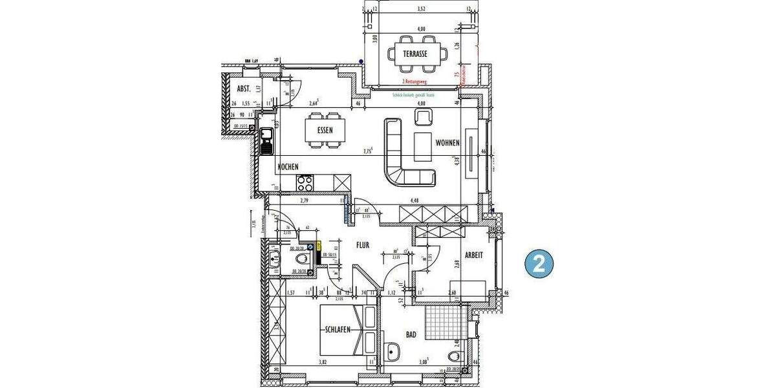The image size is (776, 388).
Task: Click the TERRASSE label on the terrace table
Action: pyautogui.click(x=415, y=53)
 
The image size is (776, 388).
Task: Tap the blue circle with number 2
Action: pyautogui.click(x=538, y=263)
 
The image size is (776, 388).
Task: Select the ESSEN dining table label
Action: pyautogui.click(x=325, y=130)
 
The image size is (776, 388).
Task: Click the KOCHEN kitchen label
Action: pyautogui.click(x=288, y=167)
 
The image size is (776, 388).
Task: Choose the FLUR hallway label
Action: pyautogui.click(x=362, y=246)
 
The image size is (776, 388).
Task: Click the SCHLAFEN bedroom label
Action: pyautogui.click(x=338, y=329)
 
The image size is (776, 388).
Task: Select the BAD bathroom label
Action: pyautogui.click(x=411, y=334)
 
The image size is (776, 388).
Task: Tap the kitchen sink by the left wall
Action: pyautogui.click(x=266, y=141)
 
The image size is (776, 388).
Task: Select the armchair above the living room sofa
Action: pyautogui.click(x=424, y=117)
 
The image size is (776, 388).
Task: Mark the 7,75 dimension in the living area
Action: pyautogui.click(x=369, y=153)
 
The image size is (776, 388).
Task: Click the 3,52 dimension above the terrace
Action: pyautogui.click(x=422, y=9)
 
